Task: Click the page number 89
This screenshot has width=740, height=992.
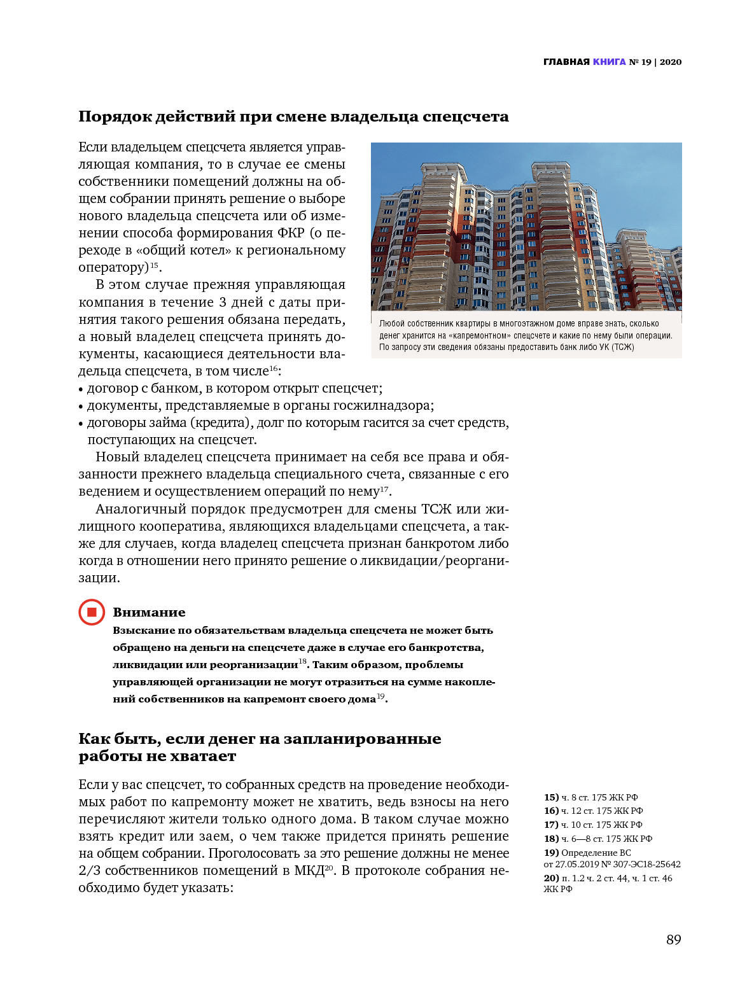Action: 673,940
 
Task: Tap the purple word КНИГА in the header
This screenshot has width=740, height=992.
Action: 609,62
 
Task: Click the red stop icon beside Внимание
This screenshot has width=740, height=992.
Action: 92,612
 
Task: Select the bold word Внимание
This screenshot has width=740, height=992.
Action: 149,612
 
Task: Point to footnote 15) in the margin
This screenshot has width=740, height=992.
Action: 551,797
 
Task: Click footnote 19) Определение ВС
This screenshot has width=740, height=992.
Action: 587,853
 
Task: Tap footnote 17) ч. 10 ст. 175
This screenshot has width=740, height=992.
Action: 593,825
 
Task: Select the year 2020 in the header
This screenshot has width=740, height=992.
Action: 671,62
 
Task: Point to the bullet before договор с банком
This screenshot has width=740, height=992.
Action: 81,389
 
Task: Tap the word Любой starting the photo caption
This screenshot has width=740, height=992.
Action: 391,324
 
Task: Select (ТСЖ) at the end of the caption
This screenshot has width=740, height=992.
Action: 623,347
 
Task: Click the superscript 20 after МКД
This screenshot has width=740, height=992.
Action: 329,867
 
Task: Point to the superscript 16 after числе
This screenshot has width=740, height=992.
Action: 274,368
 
